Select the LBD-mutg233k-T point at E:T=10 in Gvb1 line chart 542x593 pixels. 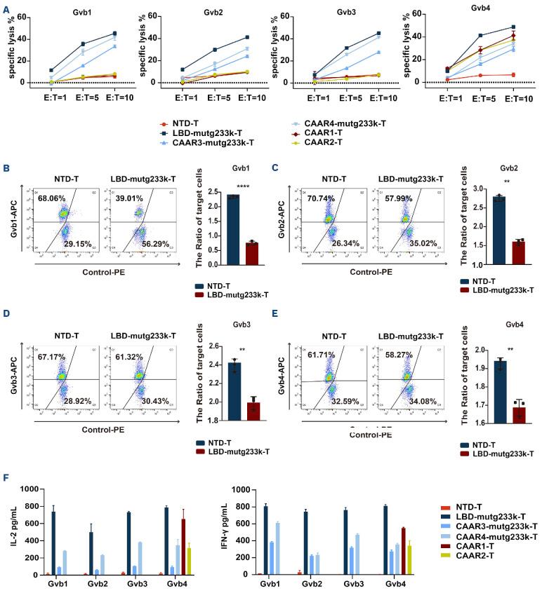coord(114,33)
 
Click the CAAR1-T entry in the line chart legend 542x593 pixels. coord(317,133)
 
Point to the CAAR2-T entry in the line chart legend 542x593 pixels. coord(317,143)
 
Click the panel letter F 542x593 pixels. coord(6,478)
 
